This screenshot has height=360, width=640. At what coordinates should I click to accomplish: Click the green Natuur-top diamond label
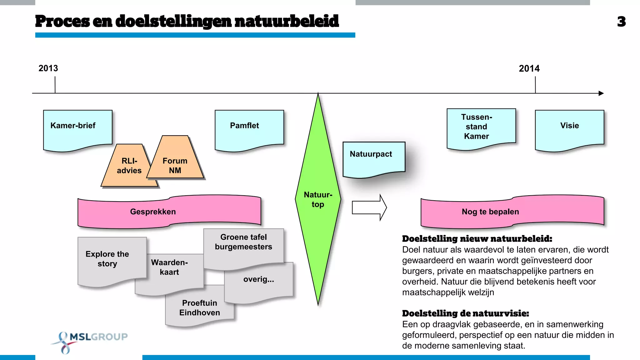click(x=318, y=199)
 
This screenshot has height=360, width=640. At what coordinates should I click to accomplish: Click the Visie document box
click(x=569, y=128)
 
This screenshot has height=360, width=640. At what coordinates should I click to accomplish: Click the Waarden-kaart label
click(x=169, y=267)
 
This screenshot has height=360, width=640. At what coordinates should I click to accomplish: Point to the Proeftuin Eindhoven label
click(x=200, y=308)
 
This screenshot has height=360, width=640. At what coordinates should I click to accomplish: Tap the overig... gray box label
click(x=259, y=279)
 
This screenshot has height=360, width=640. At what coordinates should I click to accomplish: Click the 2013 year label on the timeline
click(x=48, y=68)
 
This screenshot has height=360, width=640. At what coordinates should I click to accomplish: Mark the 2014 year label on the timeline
click(x=529, y=68)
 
